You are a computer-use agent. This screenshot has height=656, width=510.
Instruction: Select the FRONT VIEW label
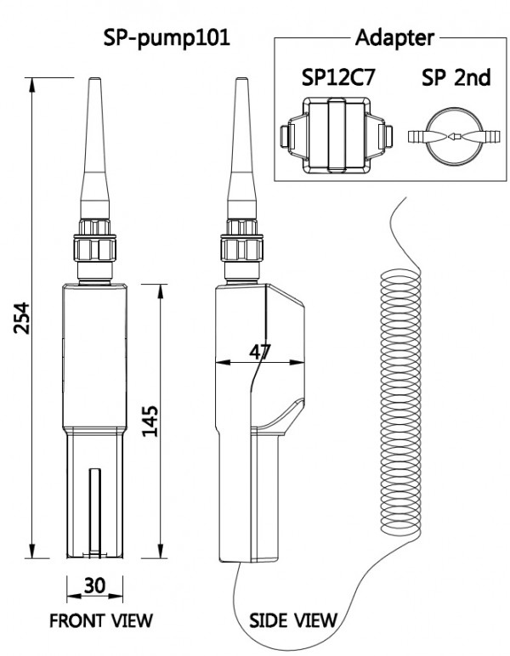coord(101,619)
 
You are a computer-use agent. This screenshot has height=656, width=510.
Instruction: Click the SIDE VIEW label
coord(292,619)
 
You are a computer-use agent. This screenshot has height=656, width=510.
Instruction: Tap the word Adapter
coord(392,38)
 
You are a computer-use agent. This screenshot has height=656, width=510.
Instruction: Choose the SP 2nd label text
coord(456,78)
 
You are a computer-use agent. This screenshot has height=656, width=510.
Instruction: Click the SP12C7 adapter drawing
coord(337,135)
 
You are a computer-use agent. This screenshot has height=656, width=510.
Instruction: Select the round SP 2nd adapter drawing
coord(455,136)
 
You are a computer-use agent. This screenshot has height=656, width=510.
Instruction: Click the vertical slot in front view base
coord(93,510)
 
